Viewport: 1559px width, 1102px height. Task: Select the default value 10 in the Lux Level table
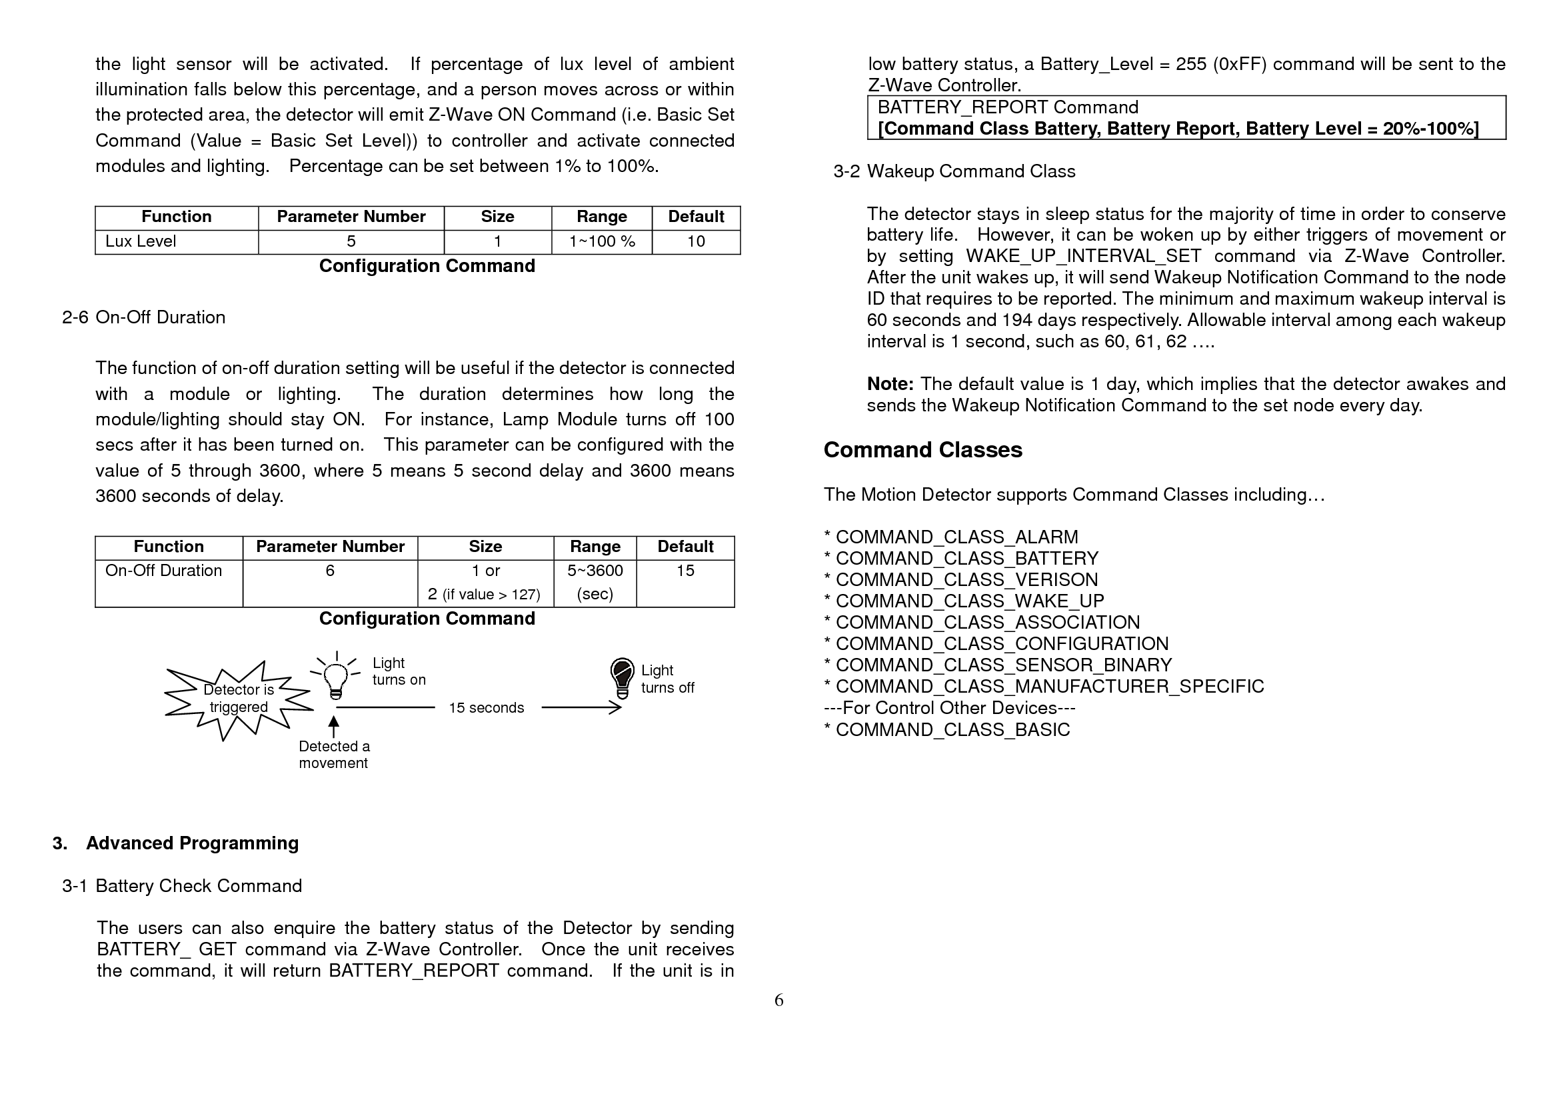(x=695, y=242)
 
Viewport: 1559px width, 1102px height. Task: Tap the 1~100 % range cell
(x=602, y=242)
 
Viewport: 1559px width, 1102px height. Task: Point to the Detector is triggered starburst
(x=238, y=699)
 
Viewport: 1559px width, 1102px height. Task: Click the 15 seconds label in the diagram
(x=486, y=708)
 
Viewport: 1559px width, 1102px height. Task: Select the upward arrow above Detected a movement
(x=333, y=726)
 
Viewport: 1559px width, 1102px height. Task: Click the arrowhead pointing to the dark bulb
(x=615, y=707)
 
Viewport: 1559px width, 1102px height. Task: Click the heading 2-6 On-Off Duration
(x=144, y=318)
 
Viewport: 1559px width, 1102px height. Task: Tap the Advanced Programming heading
(x=192, y=843)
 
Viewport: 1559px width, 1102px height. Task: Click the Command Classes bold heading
(x=922, y=450)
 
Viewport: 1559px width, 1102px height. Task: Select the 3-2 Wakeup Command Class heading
(x=954, y=172)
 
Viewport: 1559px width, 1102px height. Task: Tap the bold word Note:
(x=890, y=384)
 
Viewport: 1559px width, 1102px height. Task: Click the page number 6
(x=779, y=1000)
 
